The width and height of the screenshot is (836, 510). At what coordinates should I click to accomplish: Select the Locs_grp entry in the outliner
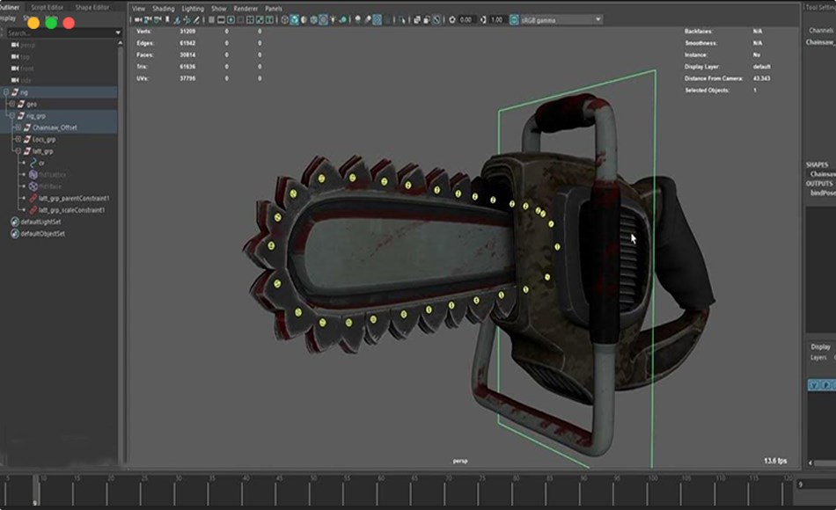point(43,139)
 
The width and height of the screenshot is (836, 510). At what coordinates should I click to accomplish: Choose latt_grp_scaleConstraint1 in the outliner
point(71,210)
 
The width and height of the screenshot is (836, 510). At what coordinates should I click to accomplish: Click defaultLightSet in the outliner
point(42,222)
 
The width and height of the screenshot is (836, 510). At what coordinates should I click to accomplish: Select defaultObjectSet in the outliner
point(43,234)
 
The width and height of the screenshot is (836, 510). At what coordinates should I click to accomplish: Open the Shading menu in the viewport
point(164,9)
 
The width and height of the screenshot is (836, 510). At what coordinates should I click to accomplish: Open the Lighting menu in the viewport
point(193,9)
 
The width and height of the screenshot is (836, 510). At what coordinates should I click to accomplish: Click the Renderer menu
point(246,9)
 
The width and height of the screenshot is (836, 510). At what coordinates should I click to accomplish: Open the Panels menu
point(274,9)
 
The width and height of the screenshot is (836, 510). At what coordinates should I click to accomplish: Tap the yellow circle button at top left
point(33,22)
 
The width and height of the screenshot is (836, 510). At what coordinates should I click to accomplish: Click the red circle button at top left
point(69,22)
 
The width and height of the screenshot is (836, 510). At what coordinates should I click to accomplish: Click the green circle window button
point(51,22)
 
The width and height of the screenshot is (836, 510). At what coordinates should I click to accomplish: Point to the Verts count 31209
point(187,31)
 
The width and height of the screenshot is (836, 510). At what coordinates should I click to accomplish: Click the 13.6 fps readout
point(775,461)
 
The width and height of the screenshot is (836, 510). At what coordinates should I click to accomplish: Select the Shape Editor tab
point(92,7)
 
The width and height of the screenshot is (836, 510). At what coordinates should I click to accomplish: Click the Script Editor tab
point(48,7)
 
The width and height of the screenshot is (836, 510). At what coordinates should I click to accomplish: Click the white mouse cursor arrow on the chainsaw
point(633,237)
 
